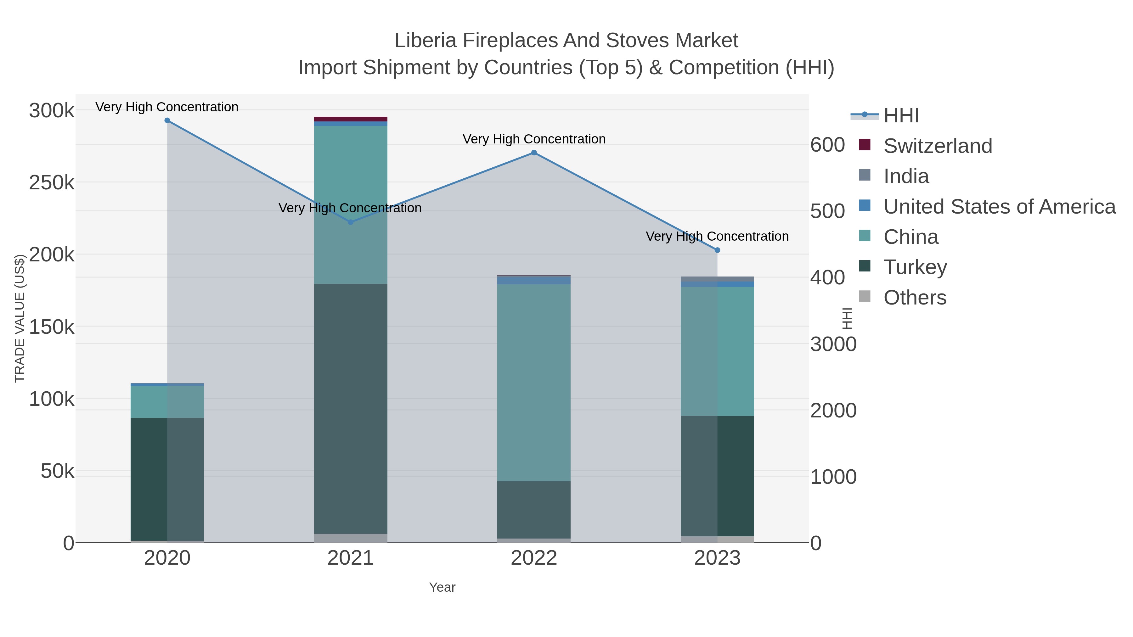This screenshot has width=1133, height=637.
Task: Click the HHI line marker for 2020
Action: click(167, 120)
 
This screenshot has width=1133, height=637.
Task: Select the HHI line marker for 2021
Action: click(351, 222)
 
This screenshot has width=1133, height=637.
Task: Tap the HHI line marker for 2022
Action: click(534, 153)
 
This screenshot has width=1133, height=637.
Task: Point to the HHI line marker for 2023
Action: click(717, 250)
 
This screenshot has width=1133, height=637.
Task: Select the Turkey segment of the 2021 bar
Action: click(351, 409)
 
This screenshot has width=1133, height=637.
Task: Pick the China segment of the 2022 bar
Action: click(534, 383)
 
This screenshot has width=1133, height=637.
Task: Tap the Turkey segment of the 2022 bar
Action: click(534, 510)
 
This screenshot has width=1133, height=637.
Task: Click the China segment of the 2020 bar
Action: click(167, 402)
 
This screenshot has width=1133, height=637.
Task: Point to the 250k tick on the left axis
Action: click(52, 183)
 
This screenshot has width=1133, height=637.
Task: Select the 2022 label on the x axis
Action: click(534, 558)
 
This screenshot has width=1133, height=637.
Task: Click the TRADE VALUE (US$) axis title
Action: click(20, 318)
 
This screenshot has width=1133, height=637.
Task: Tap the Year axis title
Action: click(442, 587)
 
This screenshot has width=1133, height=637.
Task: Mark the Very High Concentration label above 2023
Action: click(717, 237)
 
